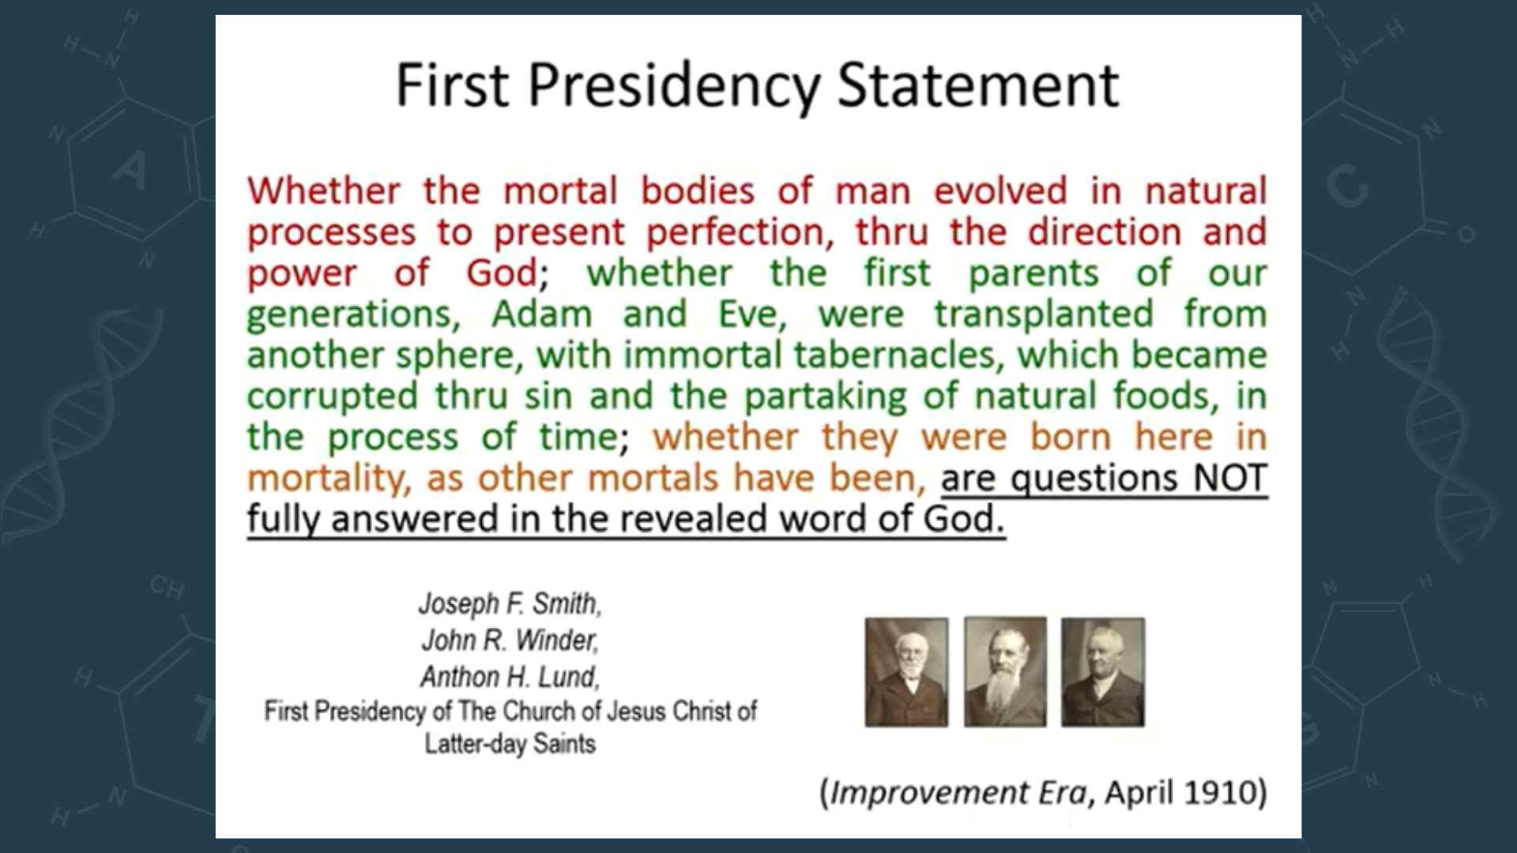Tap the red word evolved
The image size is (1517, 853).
(1000, 191)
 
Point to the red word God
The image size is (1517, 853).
(503, 273)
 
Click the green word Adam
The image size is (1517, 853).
(542, 314)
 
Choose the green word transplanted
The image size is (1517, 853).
(1044, 314)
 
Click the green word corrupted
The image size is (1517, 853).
(332, 396)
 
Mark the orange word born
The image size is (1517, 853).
(1071, 438)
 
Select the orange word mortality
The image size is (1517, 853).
(329, 479)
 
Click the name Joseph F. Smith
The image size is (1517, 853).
(510, 603)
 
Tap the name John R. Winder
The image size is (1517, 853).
(510, 640)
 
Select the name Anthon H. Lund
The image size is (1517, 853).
(510, 677)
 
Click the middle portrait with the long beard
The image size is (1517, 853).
(1005, 672)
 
